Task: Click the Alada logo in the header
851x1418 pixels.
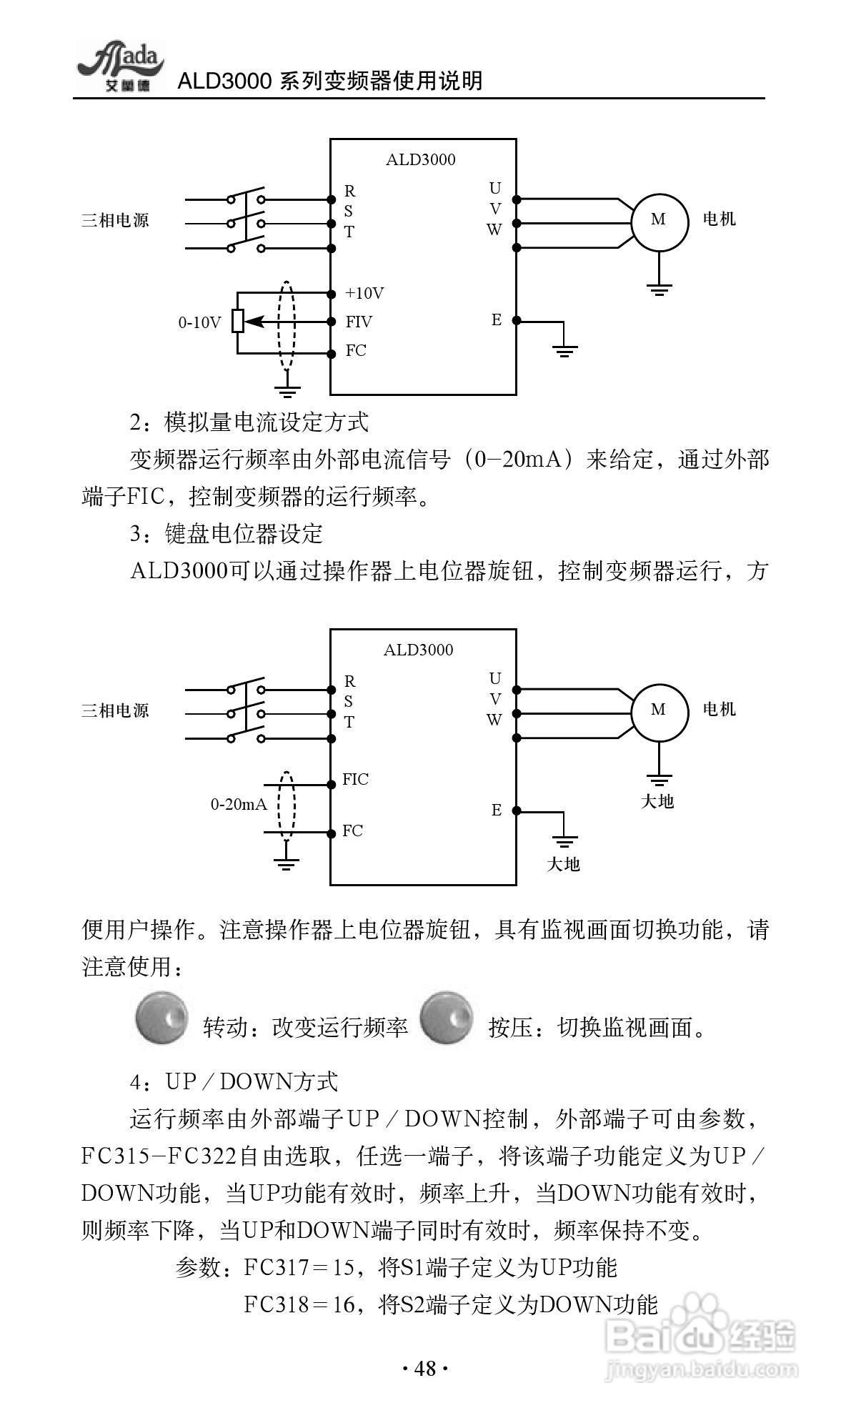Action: coord(120,66)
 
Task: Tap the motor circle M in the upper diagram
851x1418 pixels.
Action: coord(658,220)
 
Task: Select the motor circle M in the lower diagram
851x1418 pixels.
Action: coord(658,710)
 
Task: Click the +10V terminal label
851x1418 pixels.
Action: coord(364,293)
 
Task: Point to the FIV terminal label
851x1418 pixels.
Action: coord(359,322)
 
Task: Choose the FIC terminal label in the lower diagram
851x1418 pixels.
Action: coord(355,779)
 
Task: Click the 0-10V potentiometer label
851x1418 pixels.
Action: coord(200,322)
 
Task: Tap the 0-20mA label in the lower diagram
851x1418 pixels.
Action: coord(239,805)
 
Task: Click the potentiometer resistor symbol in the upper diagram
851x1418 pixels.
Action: coord(238,322)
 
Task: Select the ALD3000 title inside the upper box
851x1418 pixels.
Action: coord(420,159)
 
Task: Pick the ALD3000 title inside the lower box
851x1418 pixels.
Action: coord(419,650)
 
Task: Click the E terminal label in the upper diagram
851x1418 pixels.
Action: coord(497,320)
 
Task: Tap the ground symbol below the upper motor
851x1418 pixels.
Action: coord(659,289)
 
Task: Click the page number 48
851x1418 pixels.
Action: coord(424,1368)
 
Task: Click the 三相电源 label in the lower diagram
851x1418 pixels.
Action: coord(115,710)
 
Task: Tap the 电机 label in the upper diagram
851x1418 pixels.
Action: coord(719,219)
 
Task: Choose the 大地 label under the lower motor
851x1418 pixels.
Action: coord(657,801)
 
